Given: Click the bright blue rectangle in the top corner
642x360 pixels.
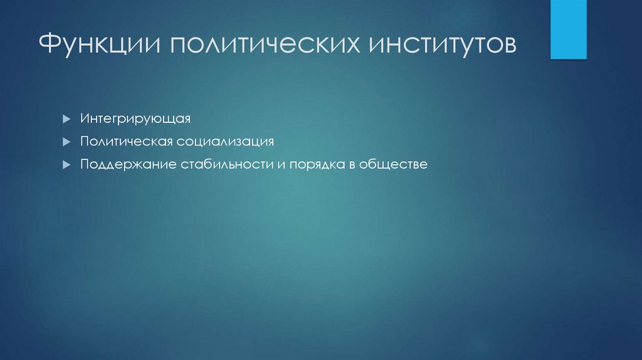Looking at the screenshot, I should point(568,29).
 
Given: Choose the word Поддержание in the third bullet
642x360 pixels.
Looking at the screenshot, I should point(127,165).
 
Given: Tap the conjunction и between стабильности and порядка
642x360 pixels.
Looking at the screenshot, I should point(264,166).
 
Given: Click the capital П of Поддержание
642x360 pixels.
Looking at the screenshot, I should point(84,165).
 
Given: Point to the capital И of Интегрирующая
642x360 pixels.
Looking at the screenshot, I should point(84,118).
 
